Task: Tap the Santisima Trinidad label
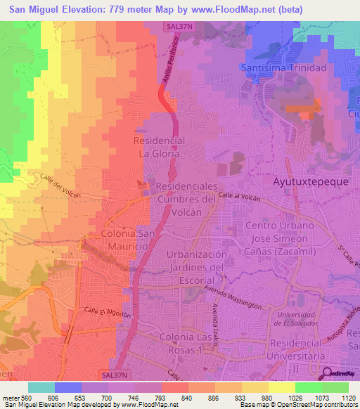[293, 68]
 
